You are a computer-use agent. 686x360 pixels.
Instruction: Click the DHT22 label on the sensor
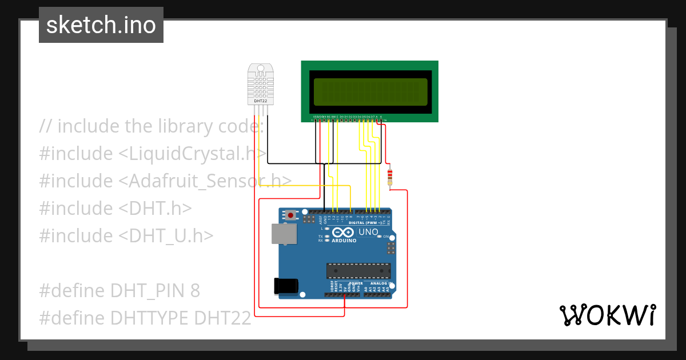[x=260, y=101]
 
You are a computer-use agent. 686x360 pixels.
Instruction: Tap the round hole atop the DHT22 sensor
[x=261, y=68]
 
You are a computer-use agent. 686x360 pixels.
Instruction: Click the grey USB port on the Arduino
[x=284, y=234]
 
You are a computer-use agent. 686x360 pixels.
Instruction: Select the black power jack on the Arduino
[x=286, y=285]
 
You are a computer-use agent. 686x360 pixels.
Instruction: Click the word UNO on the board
[x=368, y=233]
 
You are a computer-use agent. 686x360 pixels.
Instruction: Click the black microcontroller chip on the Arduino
[x=358, y=273]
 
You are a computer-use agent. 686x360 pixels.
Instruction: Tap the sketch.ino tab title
[x=101, y=25]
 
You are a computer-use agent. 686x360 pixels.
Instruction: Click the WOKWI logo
[x=607, y=315]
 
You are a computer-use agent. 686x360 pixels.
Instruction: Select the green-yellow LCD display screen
[x=370, y=91]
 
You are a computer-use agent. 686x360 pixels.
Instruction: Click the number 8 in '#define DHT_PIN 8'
[x=195, y=291]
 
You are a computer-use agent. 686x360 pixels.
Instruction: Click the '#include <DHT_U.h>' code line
[x=126, y=235]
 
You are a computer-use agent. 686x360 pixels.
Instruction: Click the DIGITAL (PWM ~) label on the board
[x=369, y=222]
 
